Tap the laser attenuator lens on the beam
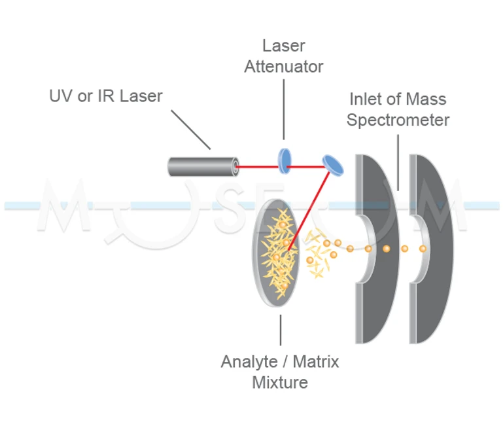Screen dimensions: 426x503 (284, 160)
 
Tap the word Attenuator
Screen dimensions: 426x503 (283, 67)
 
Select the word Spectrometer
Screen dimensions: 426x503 (398, 120)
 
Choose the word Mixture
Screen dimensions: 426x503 (280, 382)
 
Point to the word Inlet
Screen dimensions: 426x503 (364, 100)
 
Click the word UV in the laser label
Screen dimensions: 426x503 (61, 96)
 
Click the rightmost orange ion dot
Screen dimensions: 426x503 (423, 249)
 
